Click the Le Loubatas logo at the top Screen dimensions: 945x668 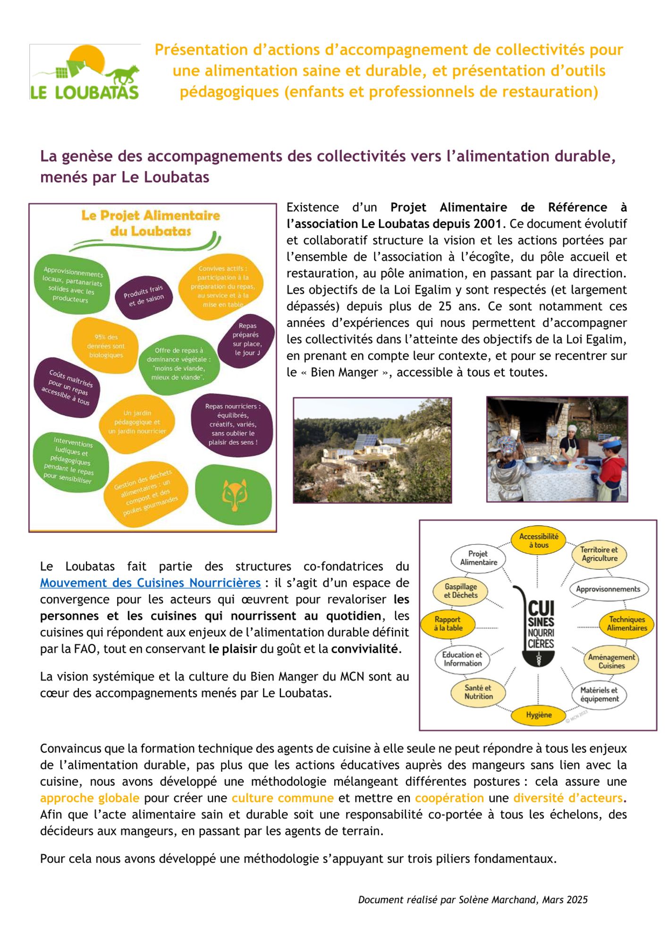(85, 72)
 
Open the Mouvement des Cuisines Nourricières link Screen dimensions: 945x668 (150, 583)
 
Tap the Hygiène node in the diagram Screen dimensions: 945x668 (539, 715)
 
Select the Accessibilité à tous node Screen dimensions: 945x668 (539, 541)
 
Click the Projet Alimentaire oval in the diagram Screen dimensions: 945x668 (478, 558)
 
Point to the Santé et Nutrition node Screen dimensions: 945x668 (478, 692)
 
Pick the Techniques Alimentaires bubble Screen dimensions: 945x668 (626, 624)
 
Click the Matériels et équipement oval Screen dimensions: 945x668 (599, 695)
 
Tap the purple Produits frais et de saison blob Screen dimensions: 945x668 (144, 296)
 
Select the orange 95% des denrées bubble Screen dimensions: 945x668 (106, 346)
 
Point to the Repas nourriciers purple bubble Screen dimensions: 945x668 (232, 424)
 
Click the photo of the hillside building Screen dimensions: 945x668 (372, 450)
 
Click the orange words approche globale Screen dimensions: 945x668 (90, 798)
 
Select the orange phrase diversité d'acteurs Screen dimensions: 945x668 (568, 798)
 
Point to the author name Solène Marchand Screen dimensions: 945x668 (498, 900)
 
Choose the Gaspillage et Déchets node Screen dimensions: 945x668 (460, 591)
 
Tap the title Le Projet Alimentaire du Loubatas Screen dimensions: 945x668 (151, 223)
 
